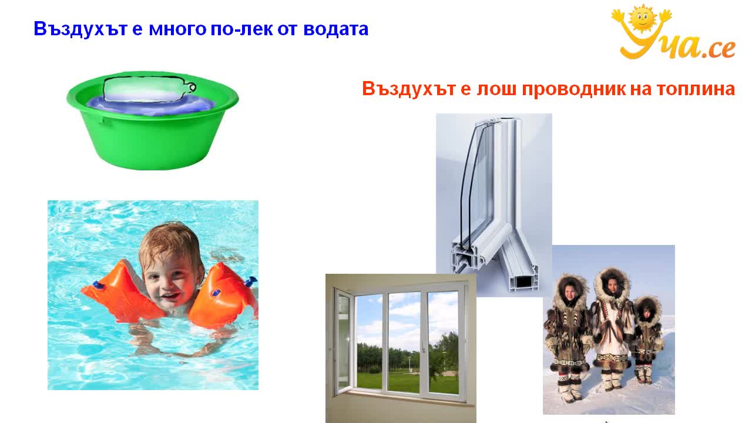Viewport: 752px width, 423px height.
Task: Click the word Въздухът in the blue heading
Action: point(80,29)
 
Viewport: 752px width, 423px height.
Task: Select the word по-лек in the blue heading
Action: point(241,29)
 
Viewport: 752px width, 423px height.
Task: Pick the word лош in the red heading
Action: point(496,89)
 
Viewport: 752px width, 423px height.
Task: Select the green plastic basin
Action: point(152,121)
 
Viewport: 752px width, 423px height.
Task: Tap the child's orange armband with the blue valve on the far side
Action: point(223,296)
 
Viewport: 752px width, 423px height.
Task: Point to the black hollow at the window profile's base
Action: point(525,281)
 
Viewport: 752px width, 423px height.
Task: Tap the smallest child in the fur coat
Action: point(647,339)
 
